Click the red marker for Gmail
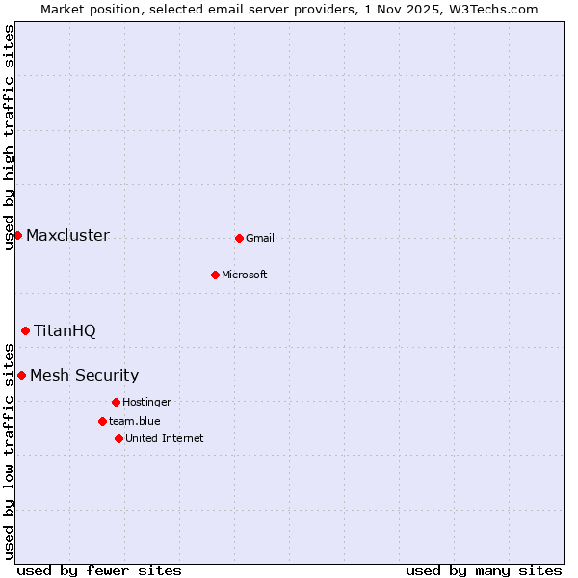tap(239, 238)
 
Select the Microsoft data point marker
tap(215, 275)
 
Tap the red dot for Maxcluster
tap(17, 235)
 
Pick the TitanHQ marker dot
tap(25, 330)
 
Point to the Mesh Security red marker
tap(21, 375)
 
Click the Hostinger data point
tap(116, 402)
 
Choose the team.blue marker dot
tap(102, 421)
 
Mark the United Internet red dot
tap(118, 438)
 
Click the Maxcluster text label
tap(67, 236)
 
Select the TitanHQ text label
tap(65, 331)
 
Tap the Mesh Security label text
tap(84, 376)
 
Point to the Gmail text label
tap(260, 239)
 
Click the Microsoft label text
tap(244, 276)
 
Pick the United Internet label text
tap(164, 439)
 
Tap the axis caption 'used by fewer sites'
tap(99, 570)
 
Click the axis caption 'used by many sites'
tap(484, 570)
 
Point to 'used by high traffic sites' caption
tap(9, 137)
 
